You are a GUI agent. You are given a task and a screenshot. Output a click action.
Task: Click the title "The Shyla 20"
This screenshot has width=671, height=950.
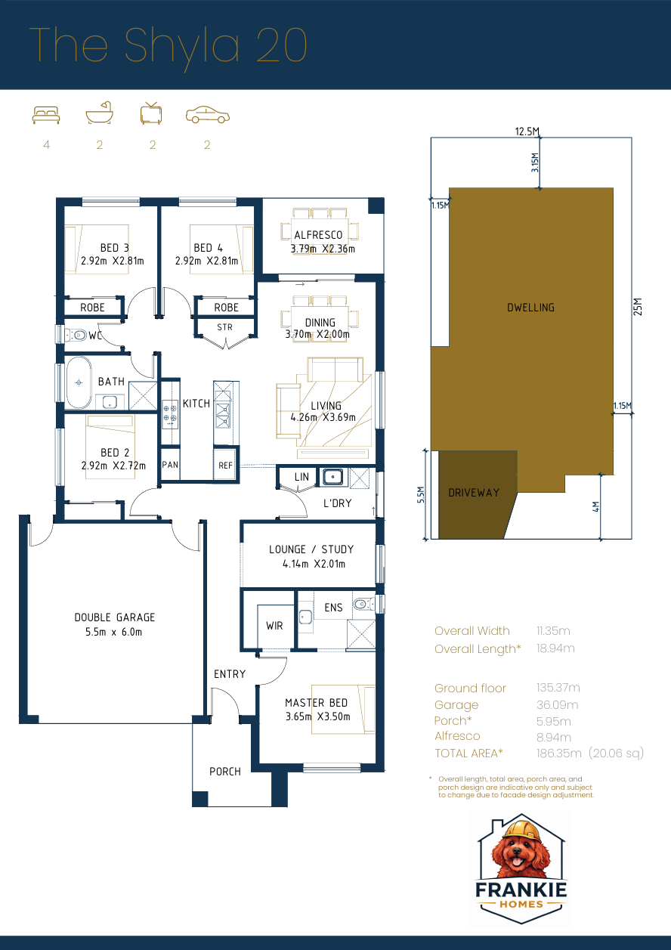tap(168, 45)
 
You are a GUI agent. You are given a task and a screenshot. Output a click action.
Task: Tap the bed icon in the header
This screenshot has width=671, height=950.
tap(46, 115)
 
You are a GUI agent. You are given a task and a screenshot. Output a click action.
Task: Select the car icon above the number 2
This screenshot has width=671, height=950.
tap(208, 115)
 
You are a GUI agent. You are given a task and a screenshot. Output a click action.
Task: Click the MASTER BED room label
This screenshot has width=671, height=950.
tap(316, 703)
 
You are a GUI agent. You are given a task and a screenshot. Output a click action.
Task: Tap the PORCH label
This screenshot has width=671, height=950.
tap(225, 772)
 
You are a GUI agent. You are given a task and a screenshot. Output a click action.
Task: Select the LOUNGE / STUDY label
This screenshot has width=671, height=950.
tap(311, 549)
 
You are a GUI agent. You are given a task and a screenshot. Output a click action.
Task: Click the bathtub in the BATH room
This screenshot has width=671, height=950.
tap(78, 384)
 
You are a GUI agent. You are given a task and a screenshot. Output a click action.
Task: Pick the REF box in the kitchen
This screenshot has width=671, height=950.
tap(225, 466)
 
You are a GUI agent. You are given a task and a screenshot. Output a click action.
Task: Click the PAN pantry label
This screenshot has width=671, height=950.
tap(170, 465)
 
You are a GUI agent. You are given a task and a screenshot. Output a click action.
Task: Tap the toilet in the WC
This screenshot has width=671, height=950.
tap(76, 335)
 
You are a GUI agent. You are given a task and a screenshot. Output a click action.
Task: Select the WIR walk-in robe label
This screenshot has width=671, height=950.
tap(274, 626)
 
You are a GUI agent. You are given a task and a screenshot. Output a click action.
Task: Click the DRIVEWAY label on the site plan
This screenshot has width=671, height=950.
tap(474, 493)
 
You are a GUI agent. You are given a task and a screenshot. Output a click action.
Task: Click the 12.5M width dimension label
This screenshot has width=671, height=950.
tap(527, 132)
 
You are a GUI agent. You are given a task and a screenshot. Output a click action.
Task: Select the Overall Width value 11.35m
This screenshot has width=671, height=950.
tap(553, 630)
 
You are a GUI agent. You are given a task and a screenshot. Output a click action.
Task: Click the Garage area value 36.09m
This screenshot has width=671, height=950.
tap(557, 704)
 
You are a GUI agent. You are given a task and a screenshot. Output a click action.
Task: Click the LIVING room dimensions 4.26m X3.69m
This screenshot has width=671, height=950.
tap(323, 417)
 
